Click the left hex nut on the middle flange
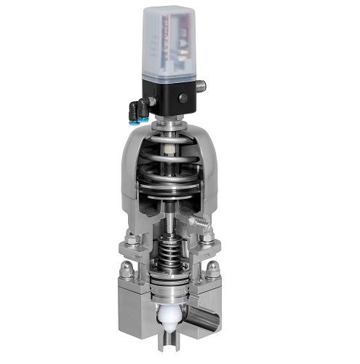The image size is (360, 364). [x=132, y=240]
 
